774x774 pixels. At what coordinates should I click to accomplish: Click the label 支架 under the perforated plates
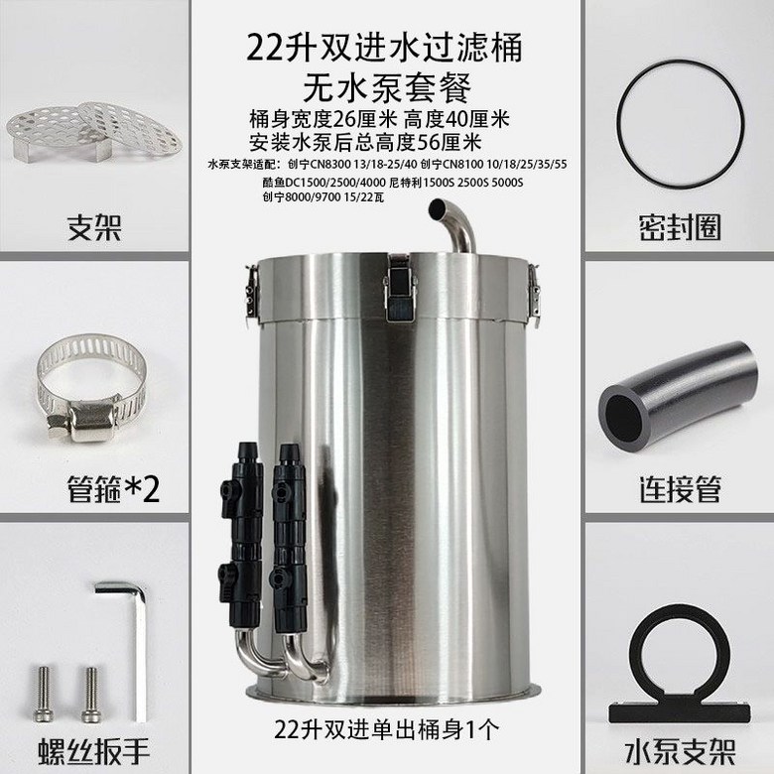click(x=94, y=227)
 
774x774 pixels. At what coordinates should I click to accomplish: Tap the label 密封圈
click(x=680, y=227)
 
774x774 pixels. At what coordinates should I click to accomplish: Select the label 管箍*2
click(x=113, y=488)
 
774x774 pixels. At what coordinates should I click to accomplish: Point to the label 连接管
click(x=680, y=488)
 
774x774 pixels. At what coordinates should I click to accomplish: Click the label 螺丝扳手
click(x=94, y=751)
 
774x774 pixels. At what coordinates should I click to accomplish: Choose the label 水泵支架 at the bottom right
click(x=680, y=751)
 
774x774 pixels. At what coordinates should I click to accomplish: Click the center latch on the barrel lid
click(x=400, y=289)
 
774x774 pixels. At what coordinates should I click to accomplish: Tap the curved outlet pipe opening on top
click(x=438, y=208)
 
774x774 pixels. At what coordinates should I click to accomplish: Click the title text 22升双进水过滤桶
click(x=385, y=48)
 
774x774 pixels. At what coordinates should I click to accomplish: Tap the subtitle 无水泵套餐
click(x=387, y=87)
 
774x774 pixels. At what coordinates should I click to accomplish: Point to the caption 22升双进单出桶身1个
click(x=387, y=729)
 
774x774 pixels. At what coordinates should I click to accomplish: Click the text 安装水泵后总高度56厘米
click(x=365, y=143)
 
